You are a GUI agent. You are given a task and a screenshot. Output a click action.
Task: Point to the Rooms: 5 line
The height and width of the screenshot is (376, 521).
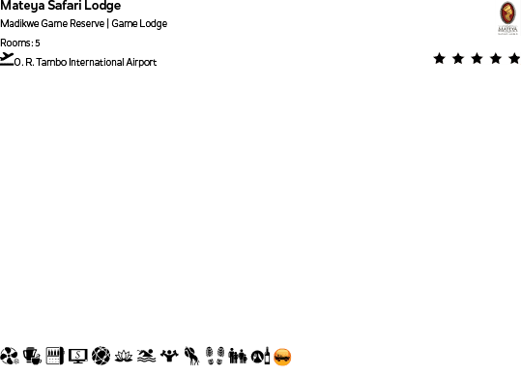[20, 43]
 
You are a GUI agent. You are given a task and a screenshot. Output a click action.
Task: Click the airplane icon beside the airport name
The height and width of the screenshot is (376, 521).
[8, 59]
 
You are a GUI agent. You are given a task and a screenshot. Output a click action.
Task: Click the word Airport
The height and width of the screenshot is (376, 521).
[139, 62]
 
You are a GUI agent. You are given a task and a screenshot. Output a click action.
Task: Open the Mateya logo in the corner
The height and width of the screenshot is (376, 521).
[507, 17]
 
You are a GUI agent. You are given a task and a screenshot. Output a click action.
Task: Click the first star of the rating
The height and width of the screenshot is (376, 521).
[440, 59]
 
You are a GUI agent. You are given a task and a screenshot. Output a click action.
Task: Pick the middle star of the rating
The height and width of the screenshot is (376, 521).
[477, 59]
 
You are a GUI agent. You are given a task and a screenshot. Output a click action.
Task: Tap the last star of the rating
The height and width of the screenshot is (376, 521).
[513, 59]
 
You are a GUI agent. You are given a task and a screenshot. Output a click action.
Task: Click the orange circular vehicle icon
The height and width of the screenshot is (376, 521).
[282, 357]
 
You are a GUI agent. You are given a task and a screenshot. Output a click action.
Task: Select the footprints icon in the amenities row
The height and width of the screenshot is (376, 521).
[215, 357]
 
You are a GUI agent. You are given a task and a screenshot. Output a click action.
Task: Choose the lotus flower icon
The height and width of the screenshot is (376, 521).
[123, 357]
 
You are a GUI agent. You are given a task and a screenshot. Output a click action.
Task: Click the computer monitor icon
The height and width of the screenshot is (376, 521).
[77, 357]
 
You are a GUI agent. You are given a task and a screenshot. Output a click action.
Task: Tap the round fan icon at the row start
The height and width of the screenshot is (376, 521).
[10, 357]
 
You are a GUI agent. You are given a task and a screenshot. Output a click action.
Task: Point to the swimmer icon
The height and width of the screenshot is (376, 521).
[146, 357]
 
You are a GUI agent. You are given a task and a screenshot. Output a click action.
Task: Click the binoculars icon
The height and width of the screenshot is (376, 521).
[237, 357]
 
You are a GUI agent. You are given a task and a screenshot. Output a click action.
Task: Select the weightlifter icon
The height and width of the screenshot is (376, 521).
[169, 357]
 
